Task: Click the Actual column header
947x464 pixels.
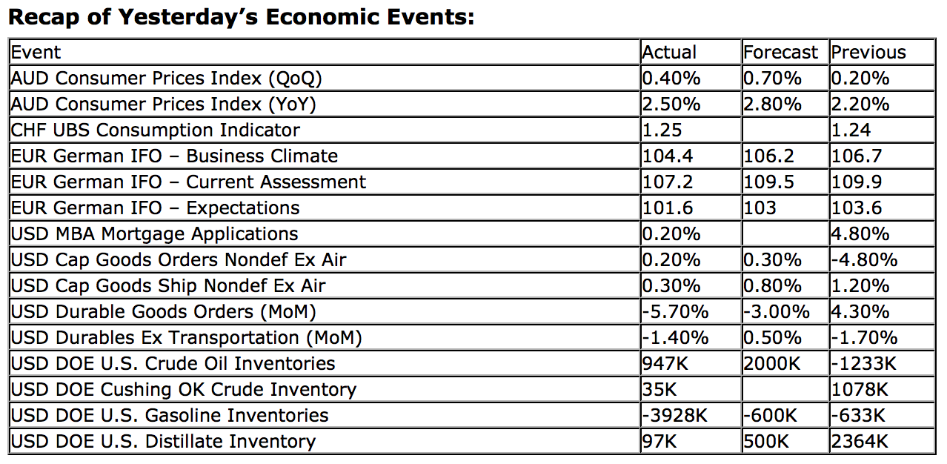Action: tap(669, 52)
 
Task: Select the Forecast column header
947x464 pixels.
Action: tap(780, 52)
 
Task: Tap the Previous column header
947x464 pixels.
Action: tap(868, 52)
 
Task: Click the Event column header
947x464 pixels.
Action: tap(36, 52)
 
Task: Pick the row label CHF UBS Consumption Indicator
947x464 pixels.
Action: tap(155, 130)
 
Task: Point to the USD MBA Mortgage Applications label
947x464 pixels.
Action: tap(154, 234)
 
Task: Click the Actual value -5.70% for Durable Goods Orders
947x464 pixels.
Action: tap(675, 312)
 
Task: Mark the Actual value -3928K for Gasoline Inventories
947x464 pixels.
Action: tap(675, 416)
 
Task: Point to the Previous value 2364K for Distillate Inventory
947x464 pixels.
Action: tap(860, 442)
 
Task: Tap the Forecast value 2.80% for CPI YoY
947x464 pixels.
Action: tap(773, 105)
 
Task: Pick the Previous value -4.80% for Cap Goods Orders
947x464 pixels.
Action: tap(864, 260)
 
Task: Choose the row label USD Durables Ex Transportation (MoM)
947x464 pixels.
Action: tap(186, 338)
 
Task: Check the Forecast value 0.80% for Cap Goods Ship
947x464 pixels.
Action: tap(773, 286)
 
